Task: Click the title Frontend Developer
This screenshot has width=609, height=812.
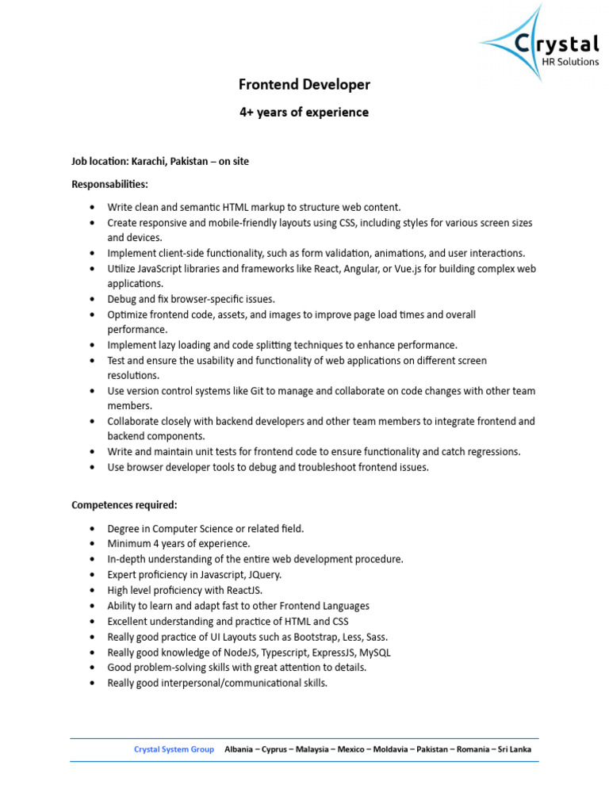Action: [x=304, y=84]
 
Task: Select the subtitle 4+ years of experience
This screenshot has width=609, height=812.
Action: [x=304, y=113]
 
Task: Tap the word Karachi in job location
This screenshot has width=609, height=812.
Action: [x=150, y=161]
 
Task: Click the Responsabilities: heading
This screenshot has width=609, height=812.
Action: [x=109, y=184]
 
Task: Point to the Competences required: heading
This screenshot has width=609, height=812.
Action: [x=124, y=505]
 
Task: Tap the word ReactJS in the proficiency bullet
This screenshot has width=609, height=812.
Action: [x=243, y=590]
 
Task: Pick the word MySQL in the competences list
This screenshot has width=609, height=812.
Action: [x=373, y=652]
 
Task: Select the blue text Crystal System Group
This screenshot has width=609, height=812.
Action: [x=174, y=749]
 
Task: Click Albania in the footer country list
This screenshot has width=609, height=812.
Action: [x=240, y=749]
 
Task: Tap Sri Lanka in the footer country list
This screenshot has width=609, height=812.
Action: [x=515, y=749]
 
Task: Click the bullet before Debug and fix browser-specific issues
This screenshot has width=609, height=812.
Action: [x=93, y=300]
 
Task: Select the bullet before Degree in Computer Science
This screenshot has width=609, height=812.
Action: [x=93, y=529]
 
